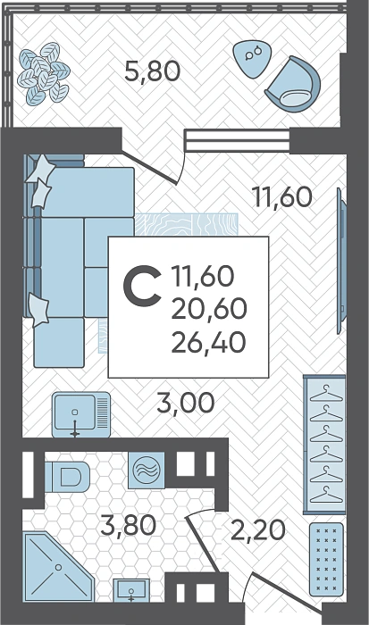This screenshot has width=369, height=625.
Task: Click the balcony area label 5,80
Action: (x=153, y=71)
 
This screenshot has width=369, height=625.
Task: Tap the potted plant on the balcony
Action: (x=44, y=73)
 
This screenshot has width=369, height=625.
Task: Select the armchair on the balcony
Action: (x=293, y=85)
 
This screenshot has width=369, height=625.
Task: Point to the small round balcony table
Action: (x=251, y=58)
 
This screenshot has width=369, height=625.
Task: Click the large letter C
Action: (x=142, y=287)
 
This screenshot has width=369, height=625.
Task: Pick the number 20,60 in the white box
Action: (x=209, y=309)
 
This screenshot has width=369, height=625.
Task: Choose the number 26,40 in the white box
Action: (x=208, y=343)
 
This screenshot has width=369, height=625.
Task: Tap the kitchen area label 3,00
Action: (x=186, y=403)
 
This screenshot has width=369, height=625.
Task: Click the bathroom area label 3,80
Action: (x=129, y=525)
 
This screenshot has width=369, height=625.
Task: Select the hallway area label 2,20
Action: (x=258, y=529)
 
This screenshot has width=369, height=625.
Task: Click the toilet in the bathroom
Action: (x=67, y=477)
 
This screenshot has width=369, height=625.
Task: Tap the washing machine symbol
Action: (x=147, y=471)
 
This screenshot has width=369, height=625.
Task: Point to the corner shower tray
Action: (x=58, y=567)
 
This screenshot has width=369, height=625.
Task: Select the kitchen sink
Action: (x=81, y=414)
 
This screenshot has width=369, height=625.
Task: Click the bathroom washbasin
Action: (x=131, y=590)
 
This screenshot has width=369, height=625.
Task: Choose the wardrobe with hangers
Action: (x=324, y=445)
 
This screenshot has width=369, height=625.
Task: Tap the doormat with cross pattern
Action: (x=326, y=560)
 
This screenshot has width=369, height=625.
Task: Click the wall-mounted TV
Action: (x=341, y=261)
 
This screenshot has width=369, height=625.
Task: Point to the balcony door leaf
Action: (x=149, y=168)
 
